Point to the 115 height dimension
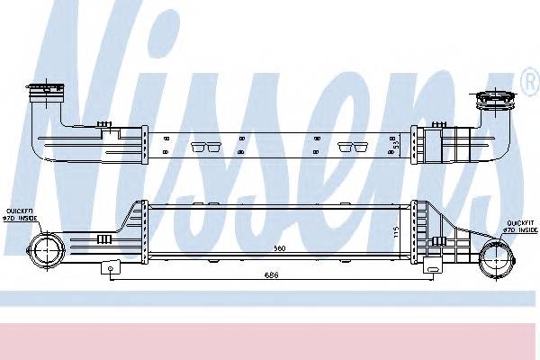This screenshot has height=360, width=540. (396, 232)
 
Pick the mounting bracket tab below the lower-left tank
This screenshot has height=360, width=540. (110, 267)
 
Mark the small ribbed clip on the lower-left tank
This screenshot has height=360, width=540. (103, 238)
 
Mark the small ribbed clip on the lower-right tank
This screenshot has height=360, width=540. (439, 241)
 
